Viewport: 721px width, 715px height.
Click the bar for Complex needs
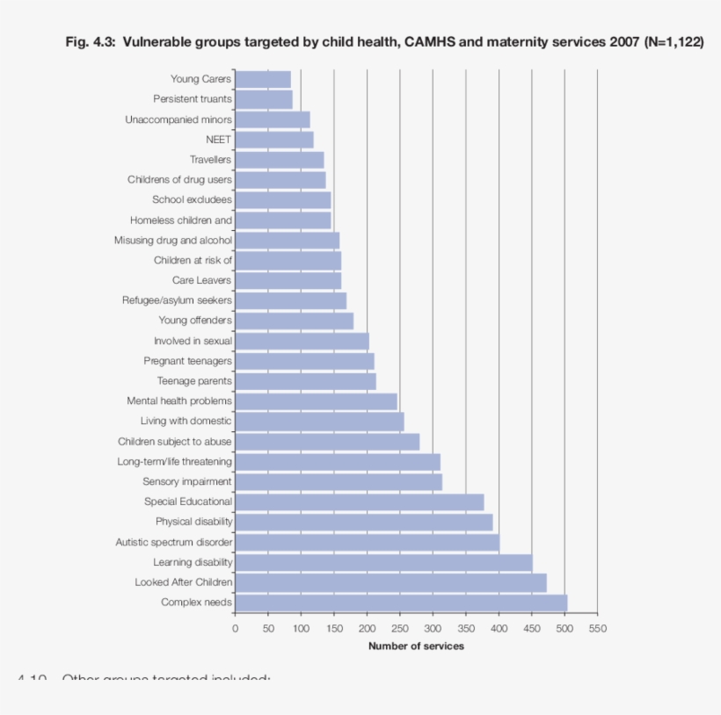[401, 603]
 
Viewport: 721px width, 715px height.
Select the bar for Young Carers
[263, 79]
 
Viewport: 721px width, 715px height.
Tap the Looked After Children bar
[390, 582]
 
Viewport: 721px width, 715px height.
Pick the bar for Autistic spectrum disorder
[367, 542]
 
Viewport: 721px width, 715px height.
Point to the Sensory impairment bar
[339, 481]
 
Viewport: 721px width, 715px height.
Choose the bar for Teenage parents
[305, 381]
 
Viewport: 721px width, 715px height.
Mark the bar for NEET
[274, 140]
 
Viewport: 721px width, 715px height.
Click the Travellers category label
[210, 160]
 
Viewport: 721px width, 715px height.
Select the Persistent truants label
[192, 99]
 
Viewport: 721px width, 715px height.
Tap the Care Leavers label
[201, 280]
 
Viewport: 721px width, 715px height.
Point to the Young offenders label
[195, 321]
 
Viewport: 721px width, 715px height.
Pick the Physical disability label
[193, 522]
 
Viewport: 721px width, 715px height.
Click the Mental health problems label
[179, 401]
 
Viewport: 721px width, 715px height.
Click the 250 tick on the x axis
[400, 628]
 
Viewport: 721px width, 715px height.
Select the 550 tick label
[598, 628]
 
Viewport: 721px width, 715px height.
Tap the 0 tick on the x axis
[235, 628]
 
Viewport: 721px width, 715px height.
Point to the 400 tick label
[499, 628]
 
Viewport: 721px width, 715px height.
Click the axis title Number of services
[416, 646]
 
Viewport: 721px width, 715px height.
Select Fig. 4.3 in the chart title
[91, 42]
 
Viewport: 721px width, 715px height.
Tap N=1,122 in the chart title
[674, 42]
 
